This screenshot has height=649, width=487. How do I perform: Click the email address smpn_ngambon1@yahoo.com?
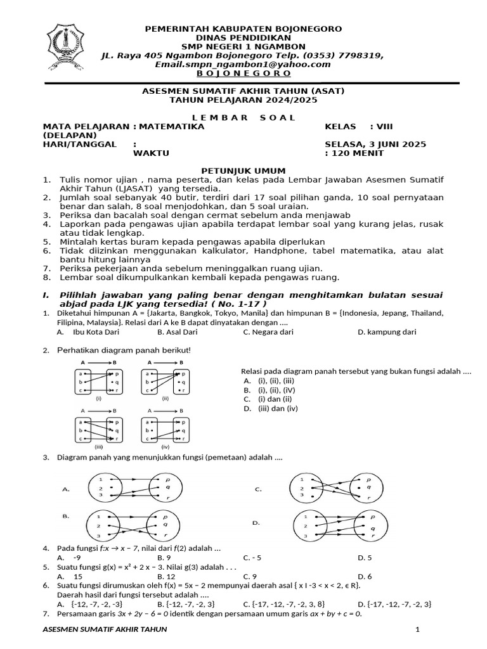coord(243,65)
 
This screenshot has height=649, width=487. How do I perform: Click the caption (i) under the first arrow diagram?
coord(99,399)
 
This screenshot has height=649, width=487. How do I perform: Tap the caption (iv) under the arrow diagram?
coord(166,446)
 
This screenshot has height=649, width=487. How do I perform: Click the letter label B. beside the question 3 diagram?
coord(65,517)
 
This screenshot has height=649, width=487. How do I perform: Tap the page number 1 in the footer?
coord(417,629)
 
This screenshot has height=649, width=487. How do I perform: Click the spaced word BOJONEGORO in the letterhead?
coord(243,74)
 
